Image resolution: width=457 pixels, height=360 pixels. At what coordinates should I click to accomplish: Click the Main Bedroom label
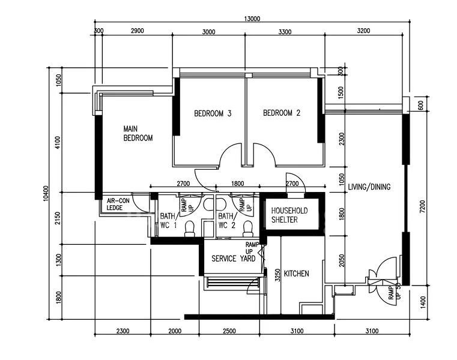tap(138, 133)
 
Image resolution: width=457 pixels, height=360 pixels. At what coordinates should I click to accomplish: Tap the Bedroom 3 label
tap(213, 113)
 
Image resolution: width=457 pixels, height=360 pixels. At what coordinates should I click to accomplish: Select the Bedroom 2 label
tap(282, 113)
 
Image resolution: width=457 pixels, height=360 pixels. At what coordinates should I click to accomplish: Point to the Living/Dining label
tap(369, 187)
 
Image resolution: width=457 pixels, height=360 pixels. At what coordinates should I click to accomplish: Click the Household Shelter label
tap(289, 215)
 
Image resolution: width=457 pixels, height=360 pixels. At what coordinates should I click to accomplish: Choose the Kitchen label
tap(297, 274)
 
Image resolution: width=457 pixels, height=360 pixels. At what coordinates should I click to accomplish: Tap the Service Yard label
tap(234, 259)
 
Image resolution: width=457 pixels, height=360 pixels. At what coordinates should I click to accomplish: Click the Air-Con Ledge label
tap(118, 204)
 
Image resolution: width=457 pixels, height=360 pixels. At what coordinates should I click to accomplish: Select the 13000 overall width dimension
tap(252, 19)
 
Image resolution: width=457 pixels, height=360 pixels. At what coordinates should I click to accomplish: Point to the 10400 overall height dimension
tap(46, 193)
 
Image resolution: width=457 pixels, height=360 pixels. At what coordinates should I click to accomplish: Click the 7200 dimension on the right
tap(422, 206)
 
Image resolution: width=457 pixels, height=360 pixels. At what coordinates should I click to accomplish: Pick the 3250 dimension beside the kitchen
tap(278, 275)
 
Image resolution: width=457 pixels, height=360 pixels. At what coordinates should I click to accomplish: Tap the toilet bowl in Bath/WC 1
tap(190, 229)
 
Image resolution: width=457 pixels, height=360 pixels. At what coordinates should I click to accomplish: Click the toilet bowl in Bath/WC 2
tap(248, 229)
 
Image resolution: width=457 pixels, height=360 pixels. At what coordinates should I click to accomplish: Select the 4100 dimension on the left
tap(58, 142)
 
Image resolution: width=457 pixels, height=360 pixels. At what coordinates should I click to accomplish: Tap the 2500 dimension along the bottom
tap(229, 331)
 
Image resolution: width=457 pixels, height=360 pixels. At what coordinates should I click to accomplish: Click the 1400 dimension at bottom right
tap(423, 302)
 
